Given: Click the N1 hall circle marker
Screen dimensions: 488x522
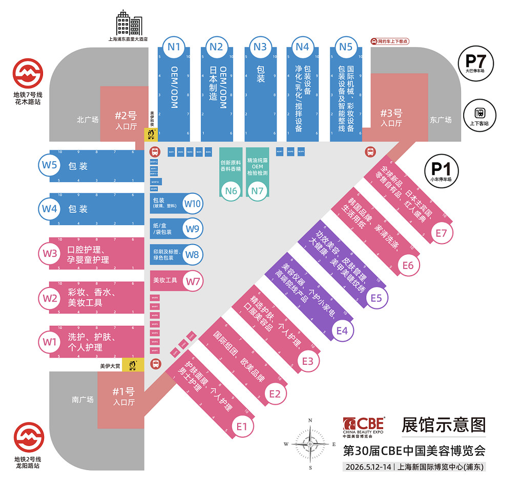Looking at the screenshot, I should point(175,47).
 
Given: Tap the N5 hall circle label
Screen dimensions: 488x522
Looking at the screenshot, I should point(346,47).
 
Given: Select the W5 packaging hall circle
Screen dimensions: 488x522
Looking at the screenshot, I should point(50,165).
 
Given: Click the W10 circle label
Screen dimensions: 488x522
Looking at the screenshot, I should point(193,204).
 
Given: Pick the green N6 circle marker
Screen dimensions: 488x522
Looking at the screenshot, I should point(231,191).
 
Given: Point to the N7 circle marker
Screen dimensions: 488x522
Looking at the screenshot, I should point(257,191).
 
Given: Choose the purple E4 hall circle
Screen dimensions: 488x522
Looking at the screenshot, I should point(342,330).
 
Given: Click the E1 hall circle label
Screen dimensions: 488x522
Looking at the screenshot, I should point(242,426).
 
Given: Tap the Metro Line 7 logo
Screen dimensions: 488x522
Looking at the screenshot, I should point(27,74).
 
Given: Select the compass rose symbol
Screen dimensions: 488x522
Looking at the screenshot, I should point(310,443).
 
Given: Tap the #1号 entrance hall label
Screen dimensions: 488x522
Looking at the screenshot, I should point(123,395).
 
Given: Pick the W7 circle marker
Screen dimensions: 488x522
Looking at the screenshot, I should point(193,281).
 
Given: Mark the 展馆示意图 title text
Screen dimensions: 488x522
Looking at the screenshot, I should point(443,424).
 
